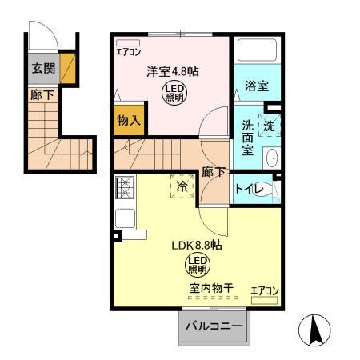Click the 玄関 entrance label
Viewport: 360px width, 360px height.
43,69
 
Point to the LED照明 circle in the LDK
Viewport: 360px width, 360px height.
198,264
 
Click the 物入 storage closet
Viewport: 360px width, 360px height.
128,120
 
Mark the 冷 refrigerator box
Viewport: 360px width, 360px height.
182,186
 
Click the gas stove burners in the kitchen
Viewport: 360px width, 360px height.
126,188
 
